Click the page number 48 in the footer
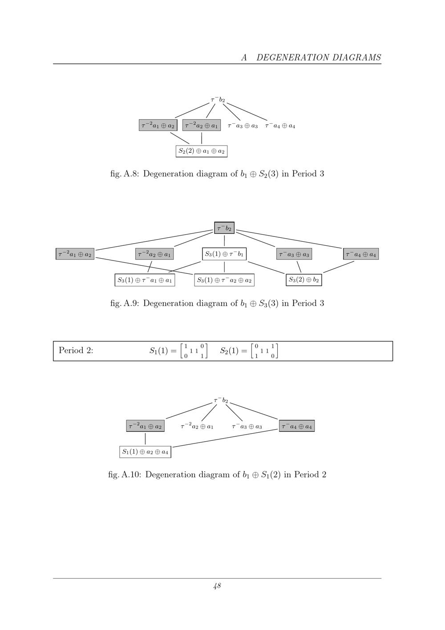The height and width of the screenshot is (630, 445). click(x=217, y=586)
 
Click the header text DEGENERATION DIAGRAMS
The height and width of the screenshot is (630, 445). click(x=319, y=57)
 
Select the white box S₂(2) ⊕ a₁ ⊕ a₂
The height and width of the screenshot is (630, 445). click(x=202, y=151)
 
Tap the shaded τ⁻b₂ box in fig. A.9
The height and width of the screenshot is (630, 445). click(x=224, y=228)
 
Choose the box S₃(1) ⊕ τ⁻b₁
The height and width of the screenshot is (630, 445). click(x=224, y=254)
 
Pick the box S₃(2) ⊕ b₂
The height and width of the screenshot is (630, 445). click(x=304, y=280)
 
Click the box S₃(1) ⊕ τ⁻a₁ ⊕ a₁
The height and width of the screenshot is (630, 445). click(x=145, y=280)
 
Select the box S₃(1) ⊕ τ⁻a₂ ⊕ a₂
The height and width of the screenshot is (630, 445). click(x=224, y=280)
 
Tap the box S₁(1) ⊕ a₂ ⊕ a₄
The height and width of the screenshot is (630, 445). click(x=146, y=452)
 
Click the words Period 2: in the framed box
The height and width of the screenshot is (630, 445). click(x=76, y=350)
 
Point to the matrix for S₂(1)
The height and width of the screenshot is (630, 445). click(x=264, y=351)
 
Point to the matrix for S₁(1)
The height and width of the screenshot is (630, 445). click(x=194, y=351)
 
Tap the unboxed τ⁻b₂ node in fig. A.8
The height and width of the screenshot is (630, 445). click(x=218, y=100)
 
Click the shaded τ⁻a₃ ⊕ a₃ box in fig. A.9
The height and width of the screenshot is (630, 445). click(x=294, y=254)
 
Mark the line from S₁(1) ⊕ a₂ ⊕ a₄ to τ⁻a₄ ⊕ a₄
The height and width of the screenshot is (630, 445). click(x=225, y=438)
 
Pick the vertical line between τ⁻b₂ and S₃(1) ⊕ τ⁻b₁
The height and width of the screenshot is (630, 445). click(x=224, y=241)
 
